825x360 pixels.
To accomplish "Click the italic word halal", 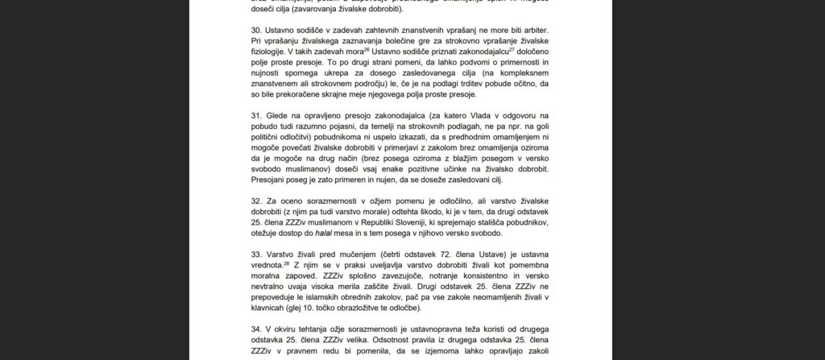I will [x=360, y=234].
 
